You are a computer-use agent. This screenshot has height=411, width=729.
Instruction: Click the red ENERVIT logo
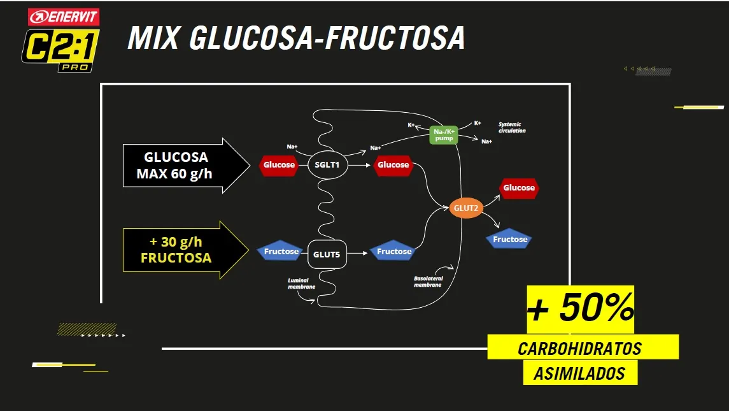(x=64, y=17)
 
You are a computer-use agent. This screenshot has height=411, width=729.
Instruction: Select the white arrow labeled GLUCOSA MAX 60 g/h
(x=185, y=165)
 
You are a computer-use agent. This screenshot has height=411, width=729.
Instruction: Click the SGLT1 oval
(x=327, y=165)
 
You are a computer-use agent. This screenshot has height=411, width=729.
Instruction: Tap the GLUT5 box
(x=327, y=254)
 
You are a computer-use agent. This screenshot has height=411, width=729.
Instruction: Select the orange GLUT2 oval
(x=465, y=208)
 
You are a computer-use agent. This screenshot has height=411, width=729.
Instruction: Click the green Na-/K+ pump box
(x=444, y=134)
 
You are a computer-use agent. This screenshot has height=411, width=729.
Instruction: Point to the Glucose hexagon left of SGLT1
(x=279, y=165)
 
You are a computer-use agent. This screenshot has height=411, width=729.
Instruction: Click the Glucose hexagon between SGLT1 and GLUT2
(x=393, y=165)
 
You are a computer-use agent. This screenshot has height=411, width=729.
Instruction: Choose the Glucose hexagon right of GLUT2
(x=519, y=188)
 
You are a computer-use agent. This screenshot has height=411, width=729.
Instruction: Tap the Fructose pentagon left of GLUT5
(x=281, y=251)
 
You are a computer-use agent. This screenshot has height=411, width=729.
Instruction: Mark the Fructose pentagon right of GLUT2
(x=509, y=239)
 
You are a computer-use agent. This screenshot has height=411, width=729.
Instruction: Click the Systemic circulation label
(x=512, y=127)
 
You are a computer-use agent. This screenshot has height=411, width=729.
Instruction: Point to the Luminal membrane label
(x=301, y=284)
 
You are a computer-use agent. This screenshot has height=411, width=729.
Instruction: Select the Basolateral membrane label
(x=428, y=281)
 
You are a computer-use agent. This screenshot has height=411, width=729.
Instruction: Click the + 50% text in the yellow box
(x=580, y=310)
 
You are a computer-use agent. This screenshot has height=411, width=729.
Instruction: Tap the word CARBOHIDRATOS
(x=579, y=349)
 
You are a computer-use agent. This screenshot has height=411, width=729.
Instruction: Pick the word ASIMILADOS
(x=579, y=373)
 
